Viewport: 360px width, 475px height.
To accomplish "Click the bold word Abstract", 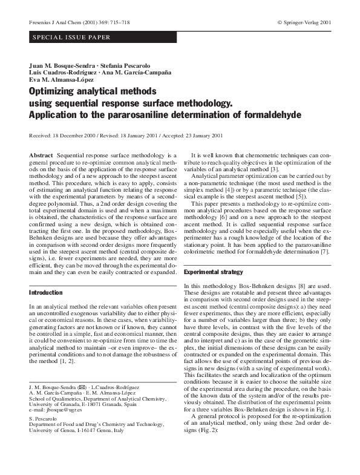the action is coord(41,156).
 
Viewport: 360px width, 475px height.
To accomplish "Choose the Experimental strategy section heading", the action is coord(215,273).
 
